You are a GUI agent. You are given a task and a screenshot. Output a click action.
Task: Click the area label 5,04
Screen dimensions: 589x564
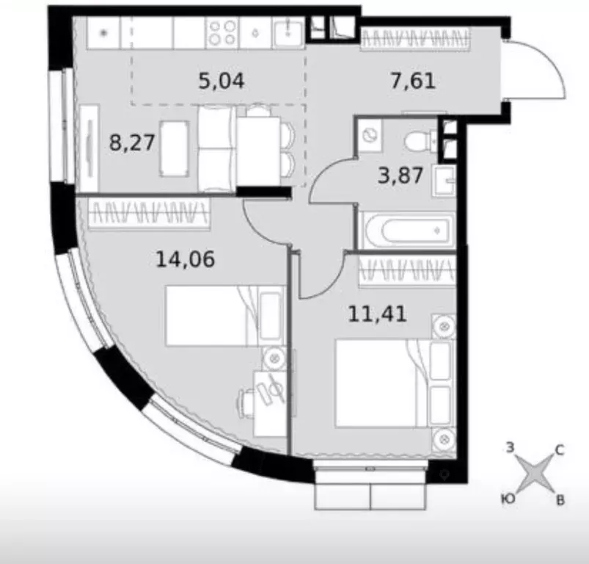click(x=222, y=81)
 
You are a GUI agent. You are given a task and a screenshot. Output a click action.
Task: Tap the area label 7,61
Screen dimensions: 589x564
click(x=413, y=81)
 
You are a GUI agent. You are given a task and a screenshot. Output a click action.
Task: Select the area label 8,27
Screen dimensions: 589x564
click(x=132, y=143)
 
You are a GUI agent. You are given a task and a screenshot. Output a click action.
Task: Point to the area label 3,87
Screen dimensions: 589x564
click(x=400, y=176)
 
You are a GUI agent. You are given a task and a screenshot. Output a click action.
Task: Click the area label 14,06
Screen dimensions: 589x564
click(x=185, y=259)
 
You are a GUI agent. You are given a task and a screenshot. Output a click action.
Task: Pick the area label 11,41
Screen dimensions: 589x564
click(x=377, y=314)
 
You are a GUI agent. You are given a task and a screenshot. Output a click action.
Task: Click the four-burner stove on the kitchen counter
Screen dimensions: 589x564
click(x=222, y=32)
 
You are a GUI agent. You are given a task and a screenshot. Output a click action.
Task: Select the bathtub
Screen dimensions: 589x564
click(x=407, y=230)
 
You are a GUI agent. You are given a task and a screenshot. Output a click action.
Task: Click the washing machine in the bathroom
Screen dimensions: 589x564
click(x=370, y=136)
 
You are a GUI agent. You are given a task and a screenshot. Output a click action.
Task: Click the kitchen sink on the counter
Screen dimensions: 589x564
click(x=288, y=32)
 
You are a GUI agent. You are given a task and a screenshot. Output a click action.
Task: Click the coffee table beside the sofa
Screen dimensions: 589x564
click(x=174, y=149)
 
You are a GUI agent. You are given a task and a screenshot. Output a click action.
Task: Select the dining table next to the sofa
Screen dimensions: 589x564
click(x=259, y=151)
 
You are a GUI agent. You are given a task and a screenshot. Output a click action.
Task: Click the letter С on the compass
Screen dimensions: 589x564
click(x=560, y=450)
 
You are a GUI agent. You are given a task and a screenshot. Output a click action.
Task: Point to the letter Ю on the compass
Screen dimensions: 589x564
click(x=508, y=498)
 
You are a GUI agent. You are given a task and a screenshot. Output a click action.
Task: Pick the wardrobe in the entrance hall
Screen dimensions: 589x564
click(x=415, y=39)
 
